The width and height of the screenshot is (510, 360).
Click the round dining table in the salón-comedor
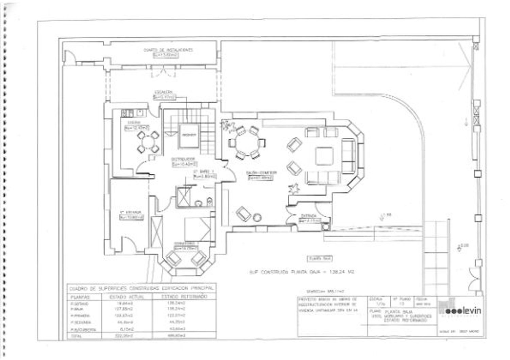tap(247, 142)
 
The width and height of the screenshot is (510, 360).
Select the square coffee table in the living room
tap(324, 156)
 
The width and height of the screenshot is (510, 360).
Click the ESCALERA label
tap(164, 92)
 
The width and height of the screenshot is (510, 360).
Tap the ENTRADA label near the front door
tap(309, 216)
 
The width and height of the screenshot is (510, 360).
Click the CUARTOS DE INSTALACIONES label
tap(168, 50)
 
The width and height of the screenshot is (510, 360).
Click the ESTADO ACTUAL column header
tap(126, 297)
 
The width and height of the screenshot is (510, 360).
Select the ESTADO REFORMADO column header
tap(184, 297)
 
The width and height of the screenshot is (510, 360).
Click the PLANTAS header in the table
tap(80, 297)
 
